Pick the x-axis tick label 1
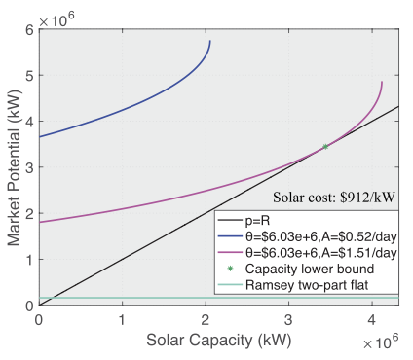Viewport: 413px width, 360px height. pos(122,319)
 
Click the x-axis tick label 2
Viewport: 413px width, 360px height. pos(206,319)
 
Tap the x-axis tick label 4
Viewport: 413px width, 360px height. pos(372,319)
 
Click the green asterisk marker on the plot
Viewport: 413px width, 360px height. pos(325,146)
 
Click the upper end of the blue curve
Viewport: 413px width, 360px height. pos(209,42)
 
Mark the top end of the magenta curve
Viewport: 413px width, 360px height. pos(381,83)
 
